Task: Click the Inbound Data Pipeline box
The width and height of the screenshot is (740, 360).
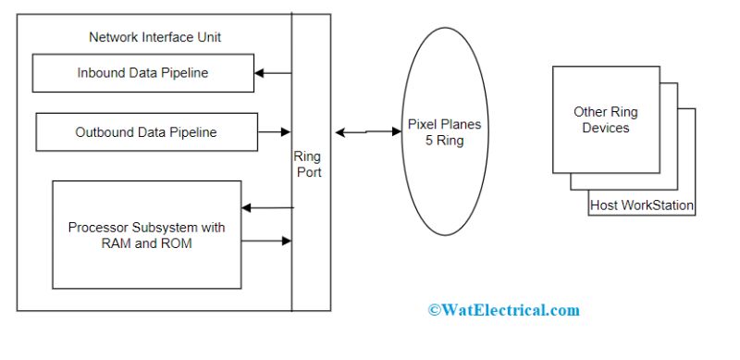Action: click(x=142, y=73)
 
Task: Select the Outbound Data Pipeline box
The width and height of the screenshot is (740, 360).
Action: click(x=145, y=132)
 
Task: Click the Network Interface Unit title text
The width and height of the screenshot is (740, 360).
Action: click(x=154, y=37)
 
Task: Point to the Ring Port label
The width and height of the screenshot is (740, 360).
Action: click(x=307, y=164)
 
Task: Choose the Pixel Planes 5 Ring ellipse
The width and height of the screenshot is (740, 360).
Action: click(x=445, y=132)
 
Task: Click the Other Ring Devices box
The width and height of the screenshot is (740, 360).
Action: click(x=605, y=119)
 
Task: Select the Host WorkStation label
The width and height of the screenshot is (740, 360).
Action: click(x=641, y=205)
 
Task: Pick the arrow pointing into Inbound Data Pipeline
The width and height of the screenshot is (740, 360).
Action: click(x=273, y=72)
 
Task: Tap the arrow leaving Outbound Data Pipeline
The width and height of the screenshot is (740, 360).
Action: click(x=274, y=132)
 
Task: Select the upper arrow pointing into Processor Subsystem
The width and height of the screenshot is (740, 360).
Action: click(x=266, y=207)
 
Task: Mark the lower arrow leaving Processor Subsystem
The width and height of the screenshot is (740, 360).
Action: click(x=266, y=242)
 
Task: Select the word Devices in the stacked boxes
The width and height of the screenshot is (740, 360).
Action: click(x=605, y=128)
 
